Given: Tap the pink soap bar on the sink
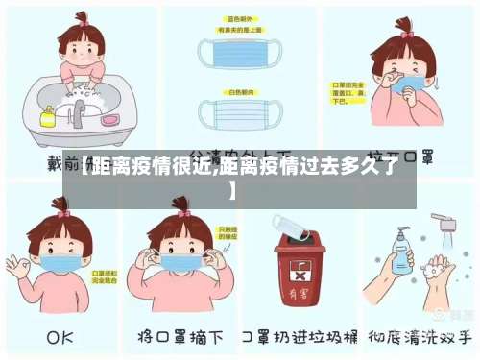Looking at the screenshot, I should click(x=109, y=119).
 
